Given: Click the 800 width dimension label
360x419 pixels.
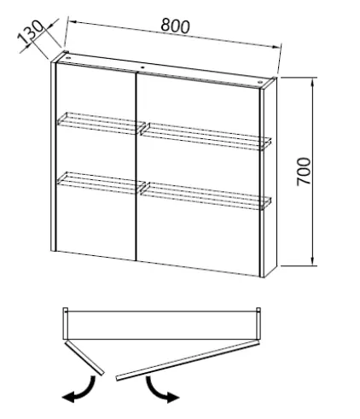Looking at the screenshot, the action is click(x=175, y=26).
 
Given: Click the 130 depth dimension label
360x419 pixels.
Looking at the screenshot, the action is click(x=30, y=32).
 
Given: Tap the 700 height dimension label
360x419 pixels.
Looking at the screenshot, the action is click(x=304, y=172).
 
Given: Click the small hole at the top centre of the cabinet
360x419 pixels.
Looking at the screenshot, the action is click(x=142, y=68).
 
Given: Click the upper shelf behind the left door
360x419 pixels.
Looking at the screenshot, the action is click(x=101, y=123).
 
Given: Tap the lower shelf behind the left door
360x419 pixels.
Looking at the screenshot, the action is click(x=102, y=183).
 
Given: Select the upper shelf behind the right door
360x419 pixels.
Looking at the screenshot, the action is click(x=206, y=136).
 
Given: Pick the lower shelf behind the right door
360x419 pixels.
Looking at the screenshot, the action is click(x=206, y=195).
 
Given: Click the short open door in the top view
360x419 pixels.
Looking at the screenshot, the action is click(x=84, y=358).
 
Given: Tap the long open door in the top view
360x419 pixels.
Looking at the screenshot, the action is click(x=188, y=360).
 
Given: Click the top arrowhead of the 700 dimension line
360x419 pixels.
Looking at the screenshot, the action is click(x=312, y=82).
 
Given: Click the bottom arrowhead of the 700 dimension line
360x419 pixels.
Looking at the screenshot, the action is click(x=312, y=261).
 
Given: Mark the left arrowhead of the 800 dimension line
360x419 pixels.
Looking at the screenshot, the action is click(x=73, y=22).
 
